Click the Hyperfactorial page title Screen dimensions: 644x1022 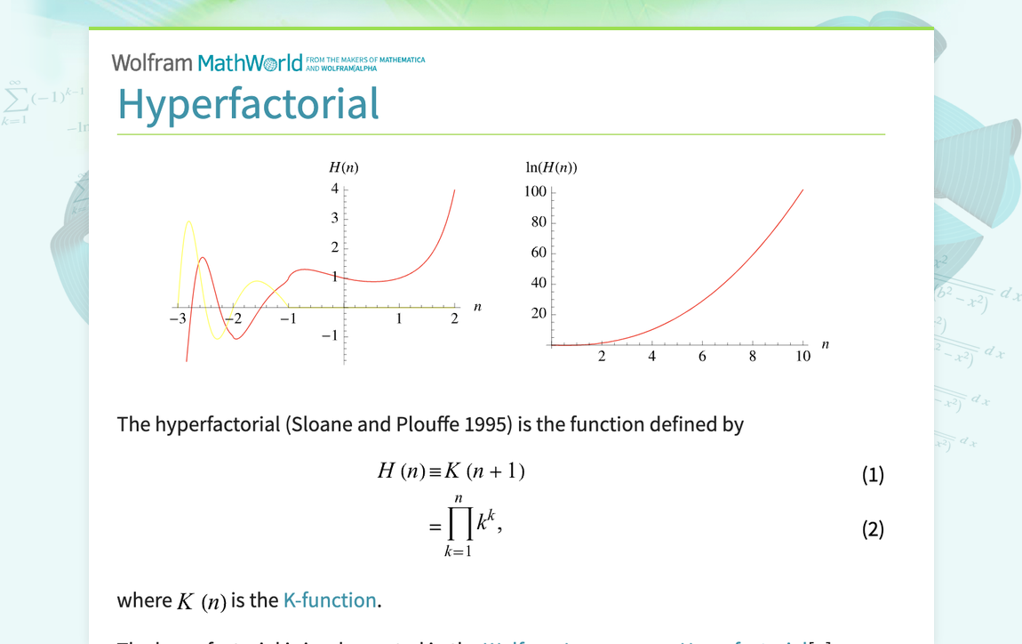coord(248,104)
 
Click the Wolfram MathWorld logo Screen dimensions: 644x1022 coord(206,63)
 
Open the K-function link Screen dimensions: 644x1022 coord(330,600)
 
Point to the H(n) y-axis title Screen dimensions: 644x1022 coord(344,167)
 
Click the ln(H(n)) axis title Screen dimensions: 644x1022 coord(551,167)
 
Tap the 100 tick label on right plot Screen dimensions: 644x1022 coord(535,191)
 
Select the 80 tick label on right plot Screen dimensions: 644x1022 coord(539,221)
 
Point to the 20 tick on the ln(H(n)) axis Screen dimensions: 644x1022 coord(539,313)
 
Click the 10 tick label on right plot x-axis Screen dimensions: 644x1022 coord(803,357)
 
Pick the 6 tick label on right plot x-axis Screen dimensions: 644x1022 coord(702,357)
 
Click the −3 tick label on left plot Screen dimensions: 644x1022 coord(178,318)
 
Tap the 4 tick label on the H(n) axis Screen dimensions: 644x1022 coord(335,189)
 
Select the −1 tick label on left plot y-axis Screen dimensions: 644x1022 coord(330,335)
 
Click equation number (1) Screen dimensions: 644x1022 coord(873,475)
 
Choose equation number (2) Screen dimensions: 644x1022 coord(873,529)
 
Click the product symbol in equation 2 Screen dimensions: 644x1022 coord(459,526)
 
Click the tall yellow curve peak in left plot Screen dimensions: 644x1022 coord(188,221)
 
